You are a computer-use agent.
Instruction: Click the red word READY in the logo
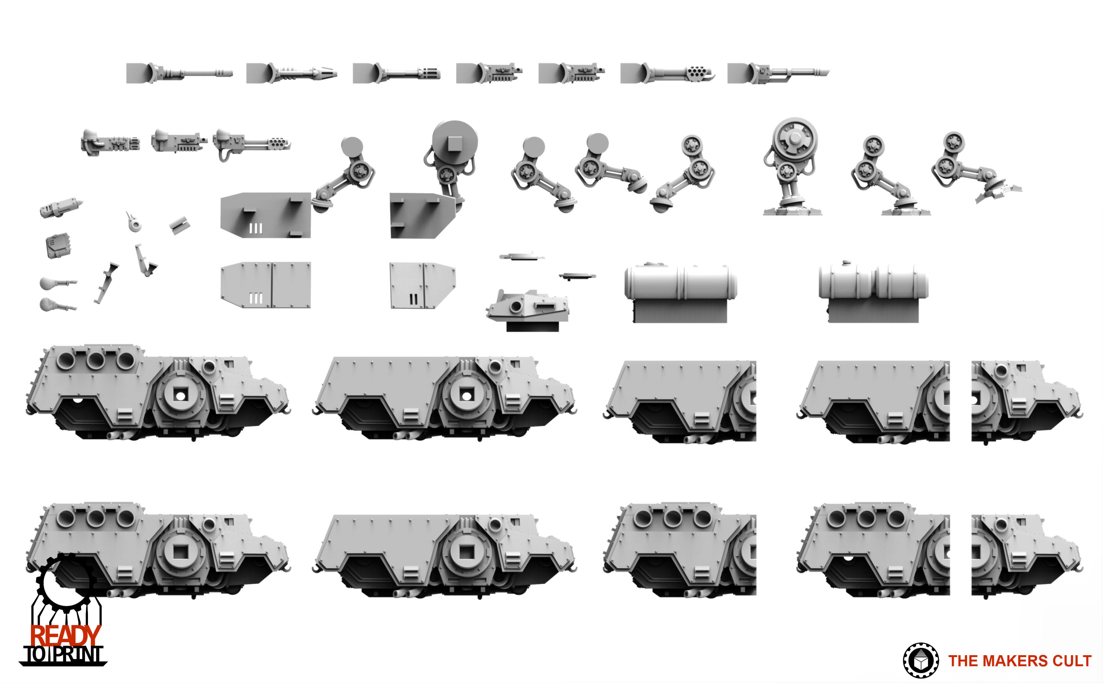point(65,636)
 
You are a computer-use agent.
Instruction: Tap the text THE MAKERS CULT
point(1019,661)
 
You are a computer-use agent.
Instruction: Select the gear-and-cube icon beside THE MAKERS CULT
point(920,661)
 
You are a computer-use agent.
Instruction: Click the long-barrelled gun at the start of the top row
point(179,73)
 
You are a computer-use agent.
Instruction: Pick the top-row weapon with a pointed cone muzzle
point(291,73)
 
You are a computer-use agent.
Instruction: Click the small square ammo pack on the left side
point(58,245)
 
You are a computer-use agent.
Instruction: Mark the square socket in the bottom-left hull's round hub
point(181,551)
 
